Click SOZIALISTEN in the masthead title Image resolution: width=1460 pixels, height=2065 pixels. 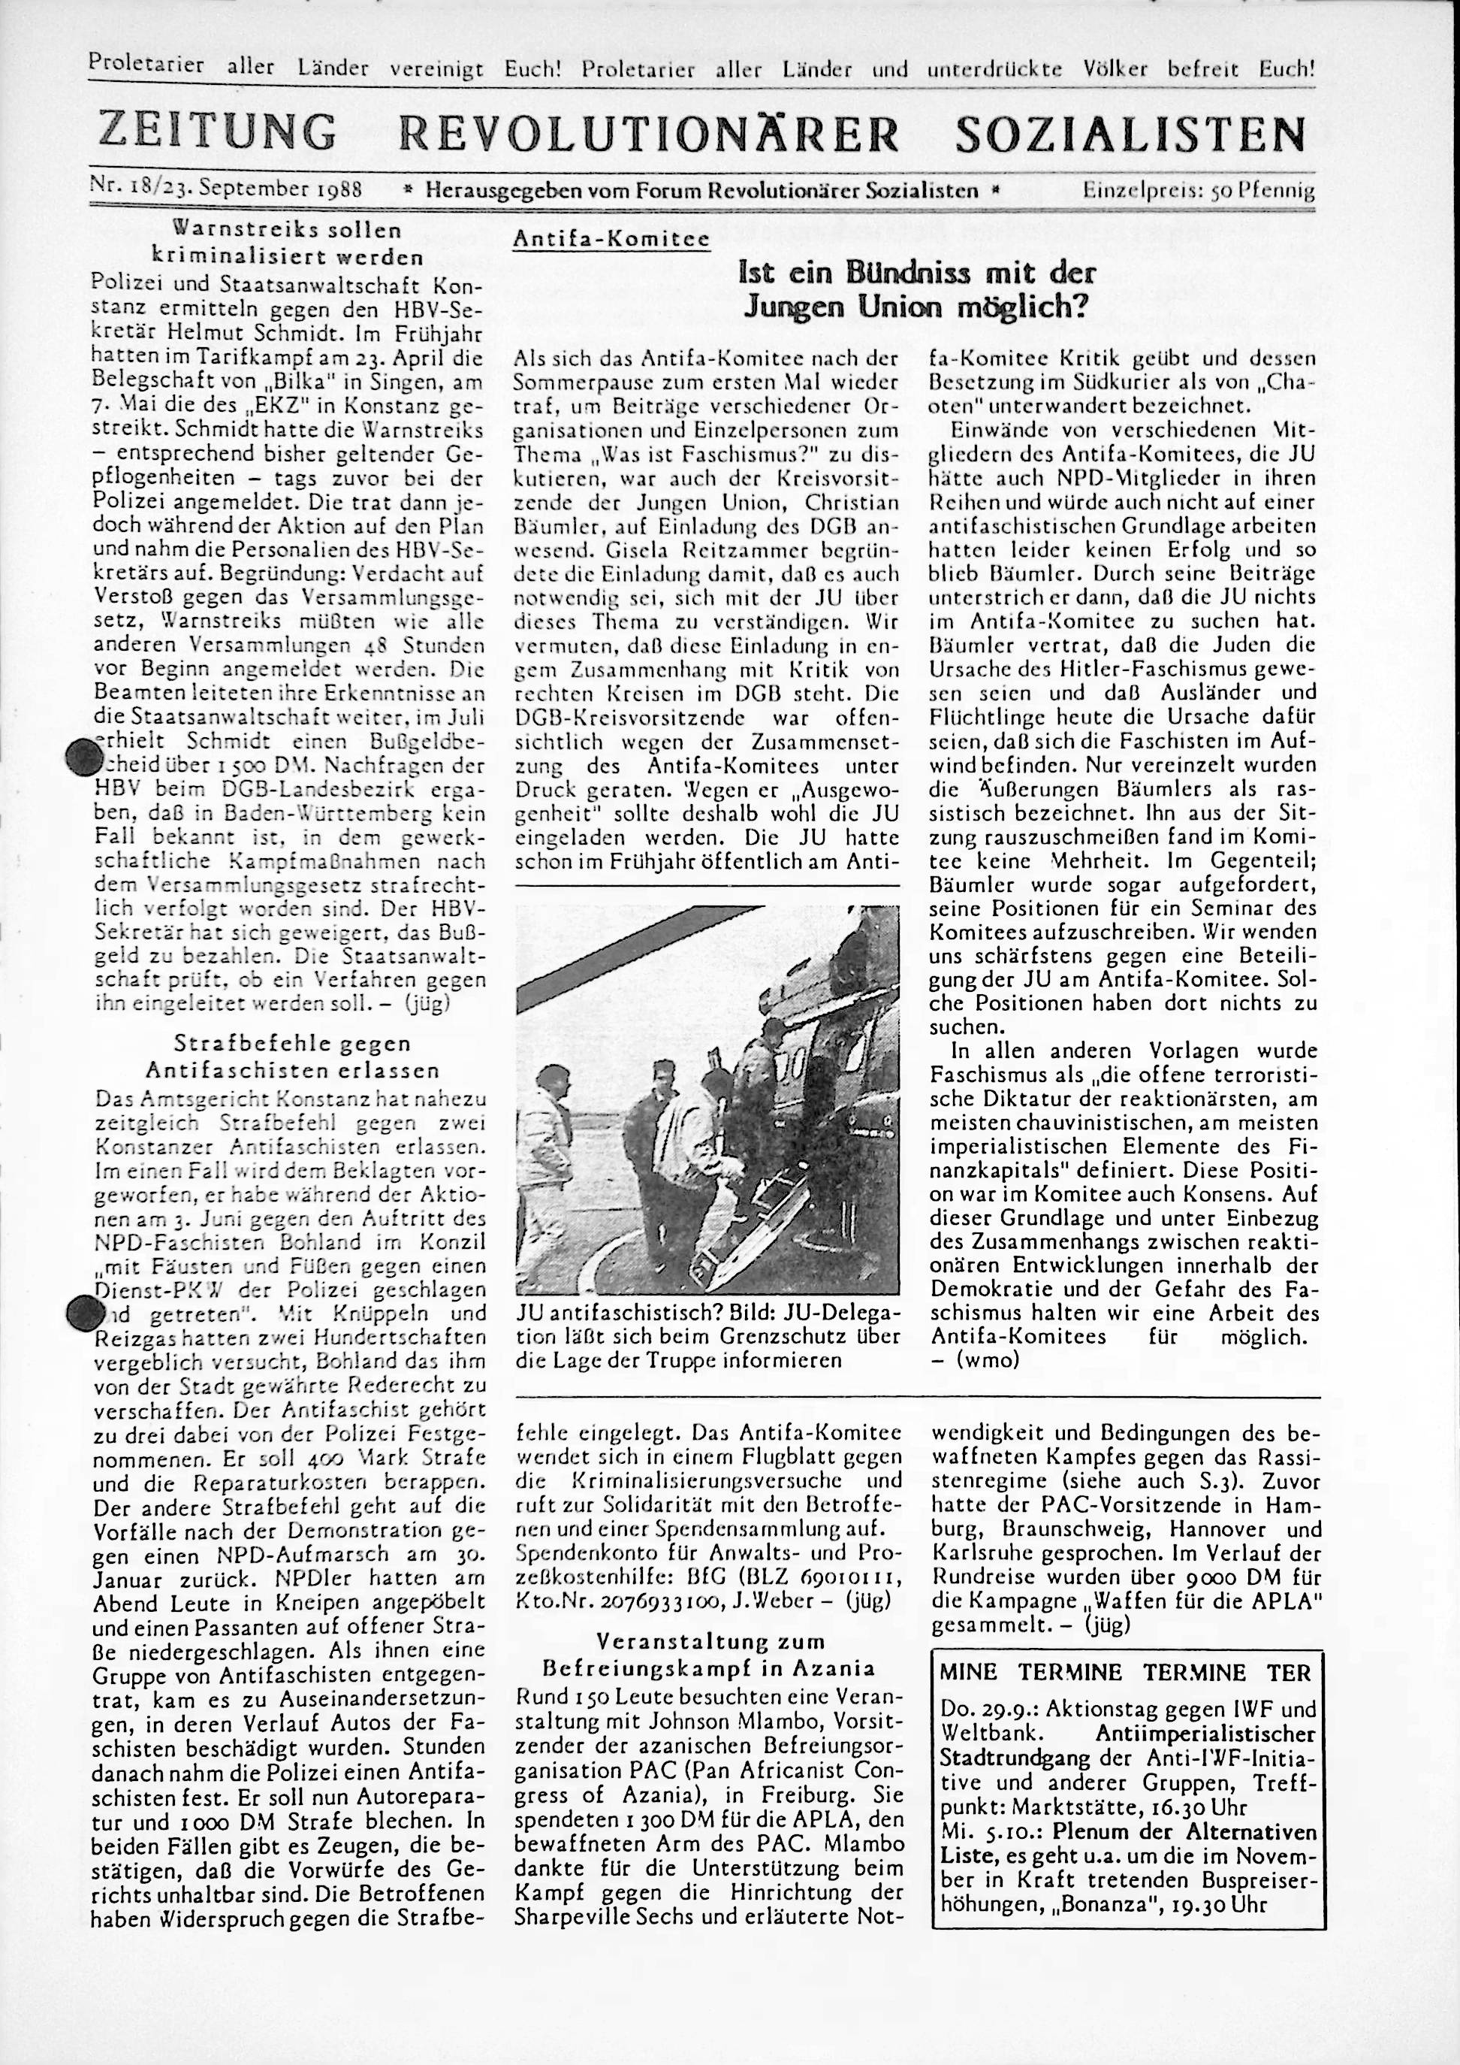pyautogui.click(x=1129, y=134)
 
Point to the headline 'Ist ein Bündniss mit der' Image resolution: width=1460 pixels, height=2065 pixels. pyautogui.click(x=917, y=273)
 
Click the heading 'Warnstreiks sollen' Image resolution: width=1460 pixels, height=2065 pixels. pyautogui.click(x=287, y=229)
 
